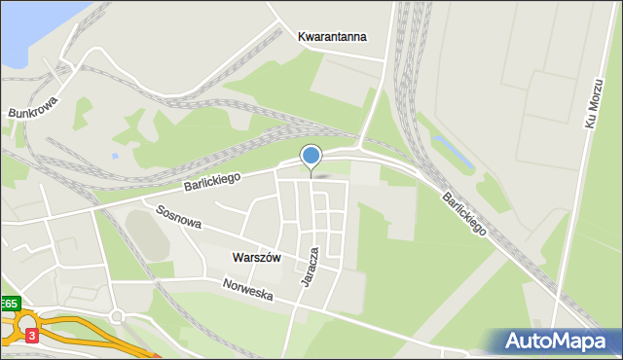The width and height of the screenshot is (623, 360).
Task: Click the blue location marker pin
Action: click(x=311, y=156)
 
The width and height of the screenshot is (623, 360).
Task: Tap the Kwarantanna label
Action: click(x=332, y=37)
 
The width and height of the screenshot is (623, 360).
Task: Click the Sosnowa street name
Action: click(x=178, y=216)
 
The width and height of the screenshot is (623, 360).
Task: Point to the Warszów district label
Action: click(x=257, y=258)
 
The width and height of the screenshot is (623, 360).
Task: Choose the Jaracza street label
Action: click(x=311, y=266)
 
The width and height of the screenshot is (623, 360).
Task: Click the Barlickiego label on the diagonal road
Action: click(x=463, y=213)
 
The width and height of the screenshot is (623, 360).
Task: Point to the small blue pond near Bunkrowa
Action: click(x=115, y=155)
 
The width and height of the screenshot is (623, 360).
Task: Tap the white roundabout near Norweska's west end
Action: click(x=117, y=317)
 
